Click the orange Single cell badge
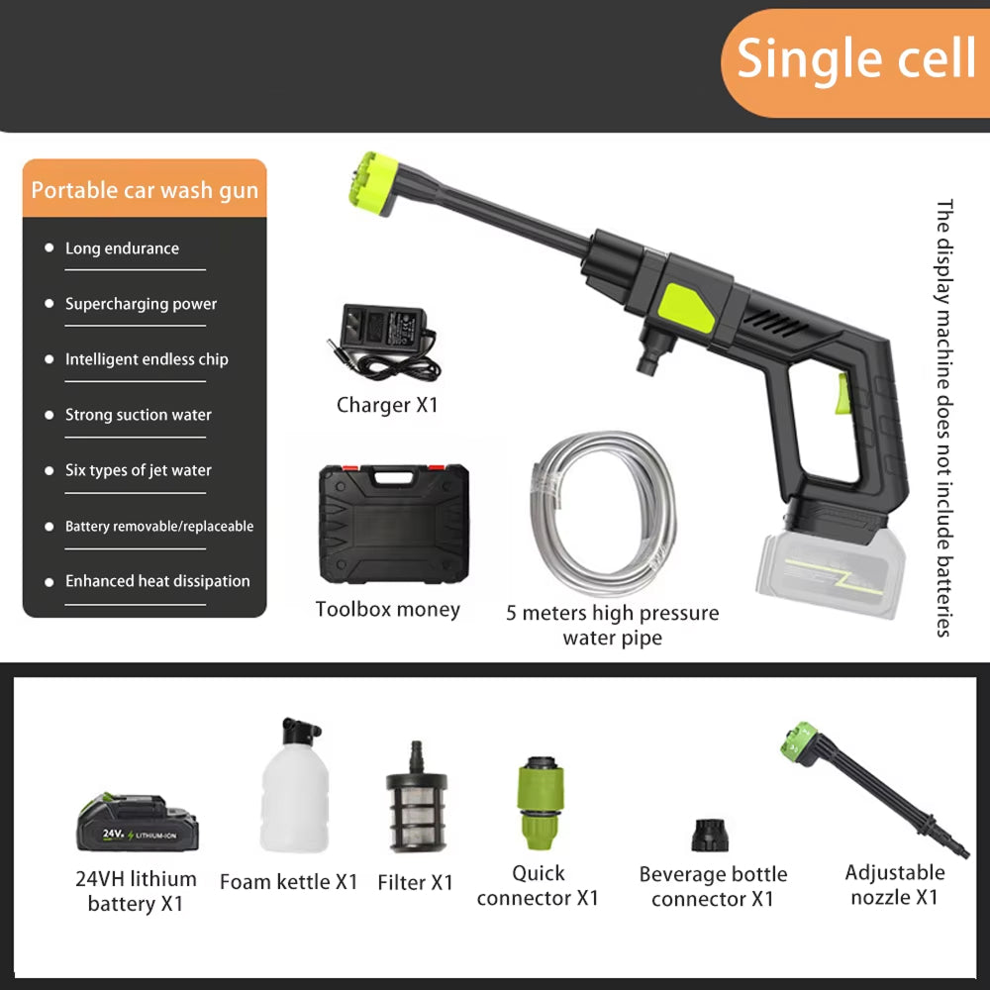[855, 62]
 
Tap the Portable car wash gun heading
[145, 190]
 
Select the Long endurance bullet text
[122, 248]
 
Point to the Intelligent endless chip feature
[147, 359]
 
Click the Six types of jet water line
[139, 470]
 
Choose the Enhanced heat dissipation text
[157, 581]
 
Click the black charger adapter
[384, 342]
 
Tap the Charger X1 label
[387, 405]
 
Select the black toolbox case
[394, 524]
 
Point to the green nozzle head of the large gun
[373, 182]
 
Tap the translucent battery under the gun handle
[832, 572]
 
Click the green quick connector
[540, 803]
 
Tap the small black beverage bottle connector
[710, 836]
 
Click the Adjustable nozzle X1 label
[895, 884]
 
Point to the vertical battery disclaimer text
[943, 418]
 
